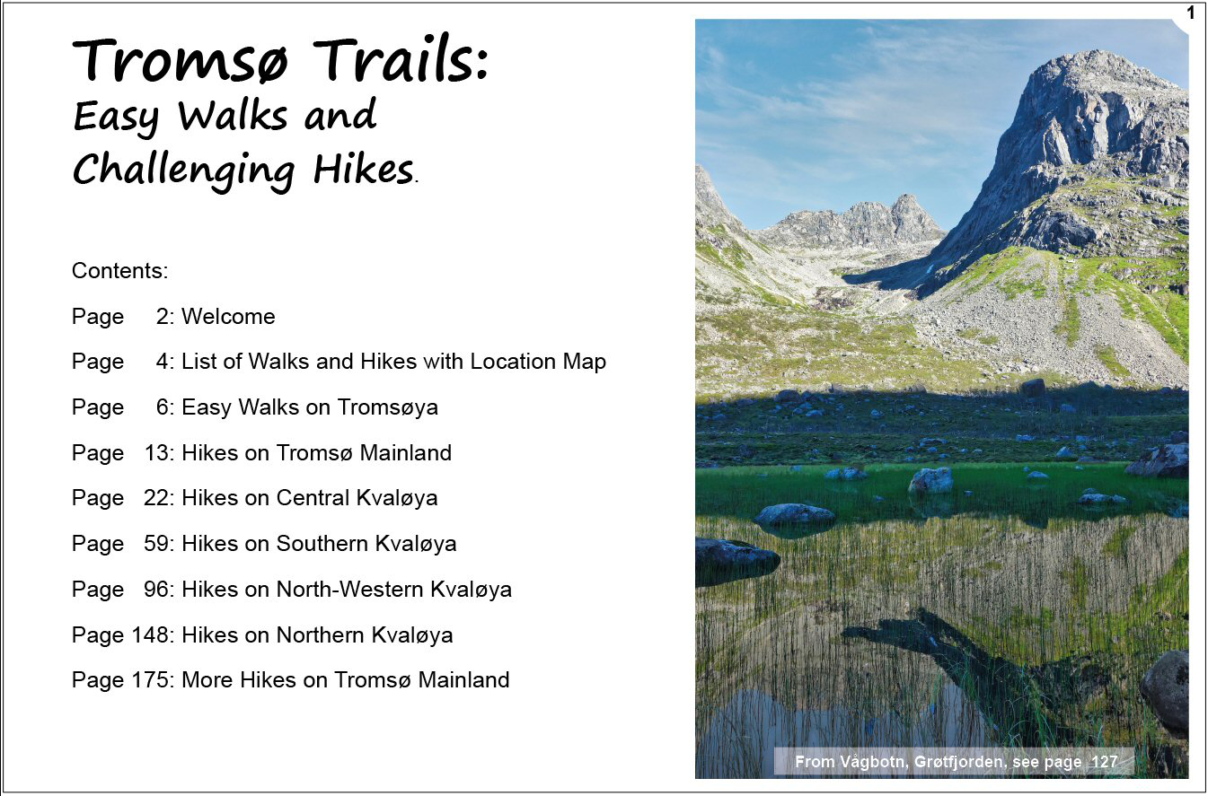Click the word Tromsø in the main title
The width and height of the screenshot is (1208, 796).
pos(181,59)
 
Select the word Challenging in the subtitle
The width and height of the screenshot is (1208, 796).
pos(184,171)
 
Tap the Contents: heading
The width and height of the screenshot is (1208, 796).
pos(119,270)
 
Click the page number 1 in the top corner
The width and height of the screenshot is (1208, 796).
pos(1191,12)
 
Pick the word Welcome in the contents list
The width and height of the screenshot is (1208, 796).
pos(228,317)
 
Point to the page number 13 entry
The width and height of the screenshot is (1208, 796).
pos(157,452)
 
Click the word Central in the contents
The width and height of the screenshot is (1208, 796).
pos(313,498)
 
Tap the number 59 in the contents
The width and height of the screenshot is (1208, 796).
pos(156,544)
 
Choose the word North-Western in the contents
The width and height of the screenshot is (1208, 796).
pos(349,590)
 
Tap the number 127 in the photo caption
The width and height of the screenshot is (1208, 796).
pos(1105,762)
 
